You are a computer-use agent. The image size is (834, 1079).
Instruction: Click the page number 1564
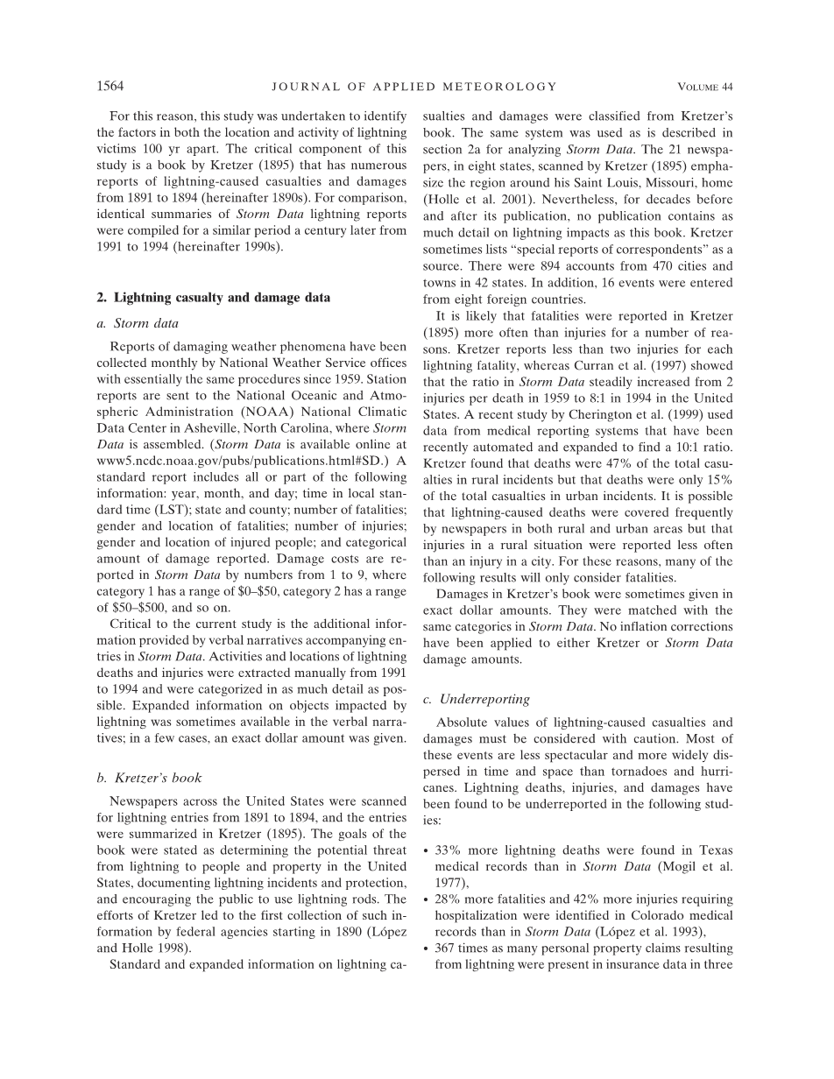click(110, 87)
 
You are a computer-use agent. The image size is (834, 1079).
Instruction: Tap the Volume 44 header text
click(705, 87)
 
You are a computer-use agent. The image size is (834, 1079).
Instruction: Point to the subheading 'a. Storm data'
click(145, 323)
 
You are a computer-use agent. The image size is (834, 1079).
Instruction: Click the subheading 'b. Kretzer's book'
click(155, 778)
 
